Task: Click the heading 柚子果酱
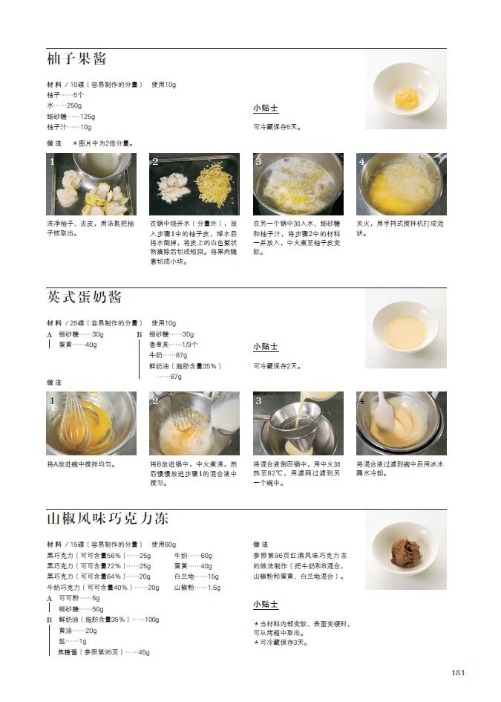tap(76, 59)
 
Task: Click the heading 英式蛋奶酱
tap(84, 297)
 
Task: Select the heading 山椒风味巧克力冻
tap(108, 518)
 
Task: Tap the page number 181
tap(458, 672)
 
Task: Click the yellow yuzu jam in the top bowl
tap(406, 97)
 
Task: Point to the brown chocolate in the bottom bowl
tap(406, 551)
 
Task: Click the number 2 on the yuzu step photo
tap(155, 162)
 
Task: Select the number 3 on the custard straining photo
tap(258, 400)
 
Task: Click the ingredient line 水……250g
tap(65, 105)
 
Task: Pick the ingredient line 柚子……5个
tap(65, 95)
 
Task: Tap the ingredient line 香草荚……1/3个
tap(174, 345)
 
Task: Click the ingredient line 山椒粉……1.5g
tap(197, 588)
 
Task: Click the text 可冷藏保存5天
tap(278, 127)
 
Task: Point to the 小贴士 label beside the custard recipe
tap(266, 346)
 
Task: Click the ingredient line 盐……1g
tap(73, 642)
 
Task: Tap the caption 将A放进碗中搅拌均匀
tap(82, 465)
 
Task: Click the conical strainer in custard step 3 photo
tap(295, 426)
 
